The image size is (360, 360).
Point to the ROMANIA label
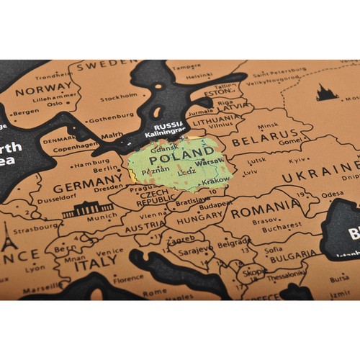coord(265,208)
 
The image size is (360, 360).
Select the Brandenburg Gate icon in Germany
coord(87,210)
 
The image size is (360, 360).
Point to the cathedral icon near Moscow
coord(327,92)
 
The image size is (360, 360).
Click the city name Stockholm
coord(119,97)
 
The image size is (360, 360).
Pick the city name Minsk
coord(268,124)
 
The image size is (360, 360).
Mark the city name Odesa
coord(333,193)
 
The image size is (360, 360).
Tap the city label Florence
coord(127,278)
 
